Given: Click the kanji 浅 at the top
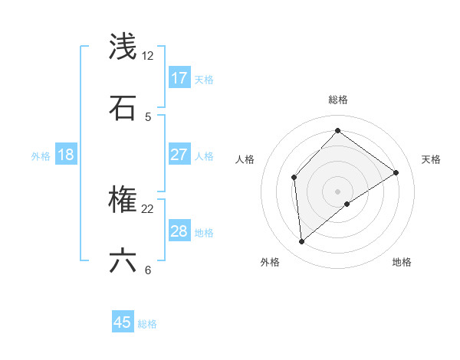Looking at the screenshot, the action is [123, 47].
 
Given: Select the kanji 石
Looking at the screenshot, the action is [123, 108].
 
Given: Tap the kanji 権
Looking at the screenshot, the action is [123, 201].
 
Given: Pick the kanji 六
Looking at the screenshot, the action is [123, 261].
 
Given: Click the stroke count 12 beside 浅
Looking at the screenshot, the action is [148, 56].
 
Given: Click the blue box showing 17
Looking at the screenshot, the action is [179, 78].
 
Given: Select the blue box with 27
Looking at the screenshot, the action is [179, 155].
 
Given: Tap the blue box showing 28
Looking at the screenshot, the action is [179, 231].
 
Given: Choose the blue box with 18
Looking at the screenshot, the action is [65, 155].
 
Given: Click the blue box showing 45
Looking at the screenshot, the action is [123, 322].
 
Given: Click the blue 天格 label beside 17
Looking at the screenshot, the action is [204, 79].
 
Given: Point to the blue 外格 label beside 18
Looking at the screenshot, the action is [41, 155].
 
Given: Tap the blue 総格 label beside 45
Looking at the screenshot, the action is [147, 324].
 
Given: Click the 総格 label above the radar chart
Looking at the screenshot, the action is [337, 100].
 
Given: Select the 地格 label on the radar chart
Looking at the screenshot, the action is [402, 262].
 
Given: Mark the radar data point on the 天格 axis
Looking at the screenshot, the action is [396, 172].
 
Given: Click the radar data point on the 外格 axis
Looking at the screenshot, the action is [302, 242].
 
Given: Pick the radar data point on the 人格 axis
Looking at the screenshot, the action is [294, 178].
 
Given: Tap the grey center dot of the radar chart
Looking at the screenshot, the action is [337, 191].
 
